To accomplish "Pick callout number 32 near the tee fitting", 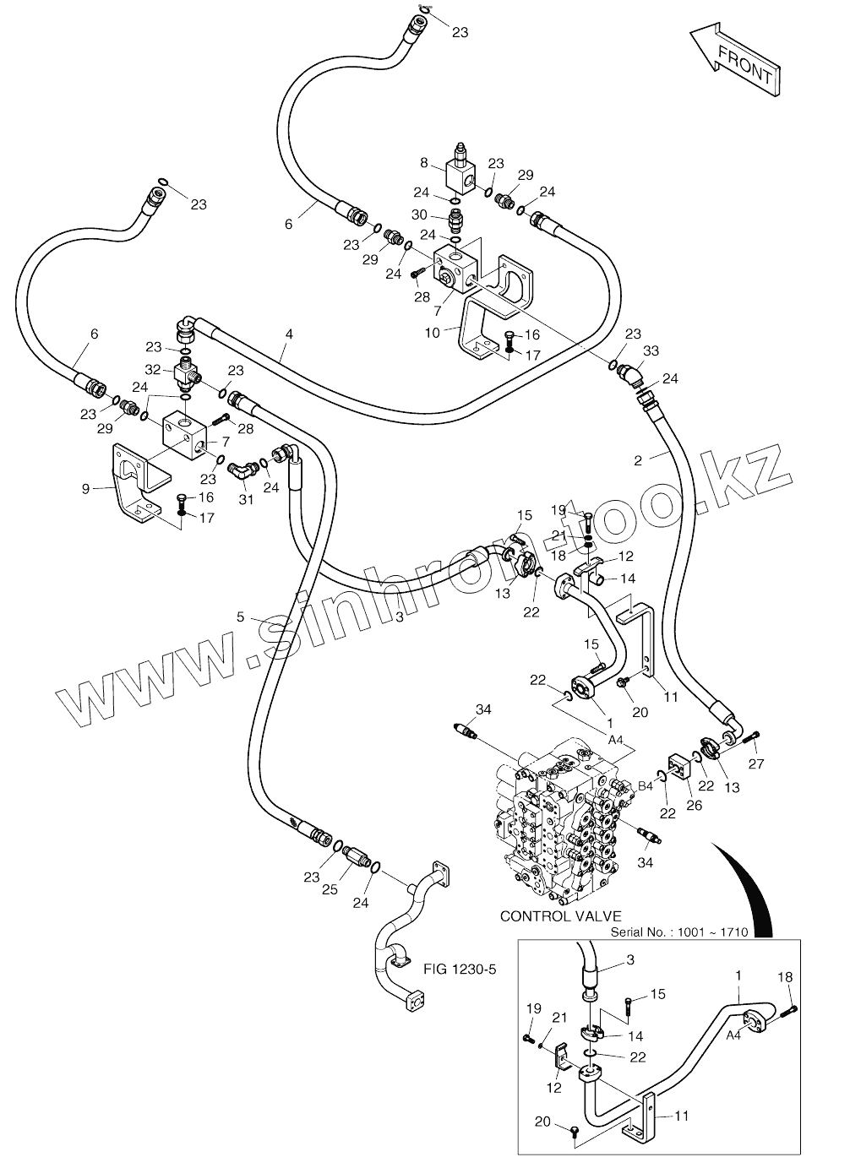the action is pyautogui.click(x=153, y=370).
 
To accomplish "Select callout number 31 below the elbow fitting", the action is pyautogui.click(x=246, y=499).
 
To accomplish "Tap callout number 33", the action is pyautogui.click(x=651, y=351).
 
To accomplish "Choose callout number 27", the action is pyautogui.click(x=756, y=764).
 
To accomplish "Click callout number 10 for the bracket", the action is pyautogui.click(x=433, y=333).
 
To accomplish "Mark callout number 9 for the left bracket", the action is pyautogui.click(x=86, y=489).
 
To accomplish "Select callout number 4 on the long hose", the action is pyautogui.click(x=289, y=334).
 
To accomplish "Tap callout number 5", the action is pyautogui.click(x=240, y=617).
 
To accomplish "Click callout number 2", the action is pyautogui.click(x=638, y=460).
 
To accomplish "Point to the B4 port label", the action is pyautogui.click(x=646, y=786).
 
